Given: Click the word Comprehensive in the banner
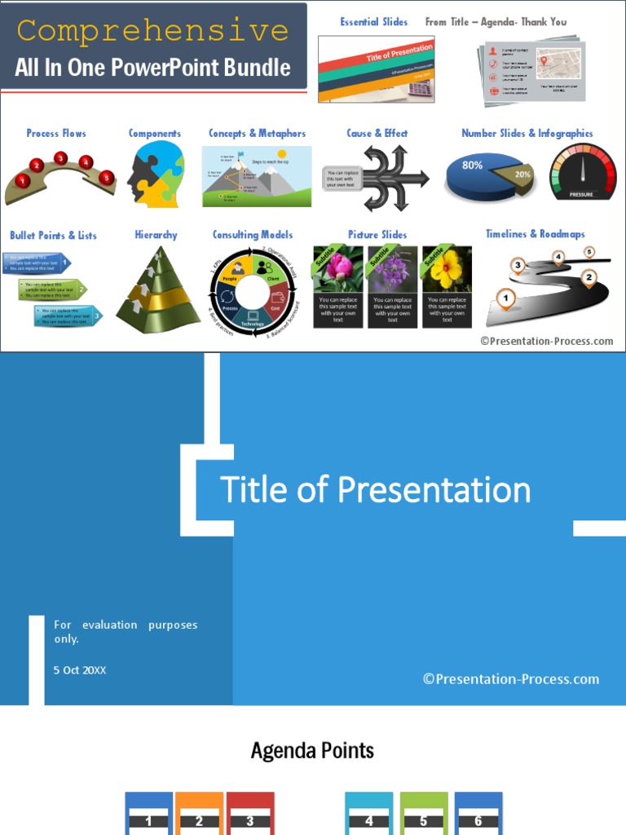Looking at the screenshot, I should coord(152,32).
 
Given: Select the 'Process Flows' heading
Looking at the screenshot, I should coord(56,133).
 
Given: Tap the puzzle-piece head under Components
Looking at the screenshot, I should coord(156,174).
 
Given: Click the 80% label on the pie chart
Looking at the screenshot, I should coord(473,166).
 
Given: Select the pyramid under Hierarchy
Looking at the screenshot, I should coord(157,287).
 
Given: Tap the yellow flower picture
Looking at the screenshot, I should coord(447,269).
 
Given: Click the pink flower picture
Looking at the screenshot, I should coord(338,269).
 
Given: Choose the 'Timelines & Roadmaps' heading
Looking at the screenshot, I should coord(535,234).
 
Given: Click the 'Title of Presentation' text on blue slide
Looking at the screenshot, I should coord(376,490).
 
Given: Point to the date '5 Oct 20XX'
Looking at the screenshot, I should coord(80,670).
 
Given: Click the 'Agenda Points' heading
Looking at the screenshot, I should coord(312,750).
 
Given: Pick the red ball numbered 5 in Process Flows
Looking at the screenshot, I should coord(106,177).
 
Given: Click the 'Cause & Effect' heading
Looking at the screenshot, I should coord(377,133).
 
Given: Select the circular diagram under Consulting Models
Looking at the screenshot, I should coord(252,291).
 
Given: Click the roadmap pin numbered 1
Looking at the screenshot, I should coord(505,299).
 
